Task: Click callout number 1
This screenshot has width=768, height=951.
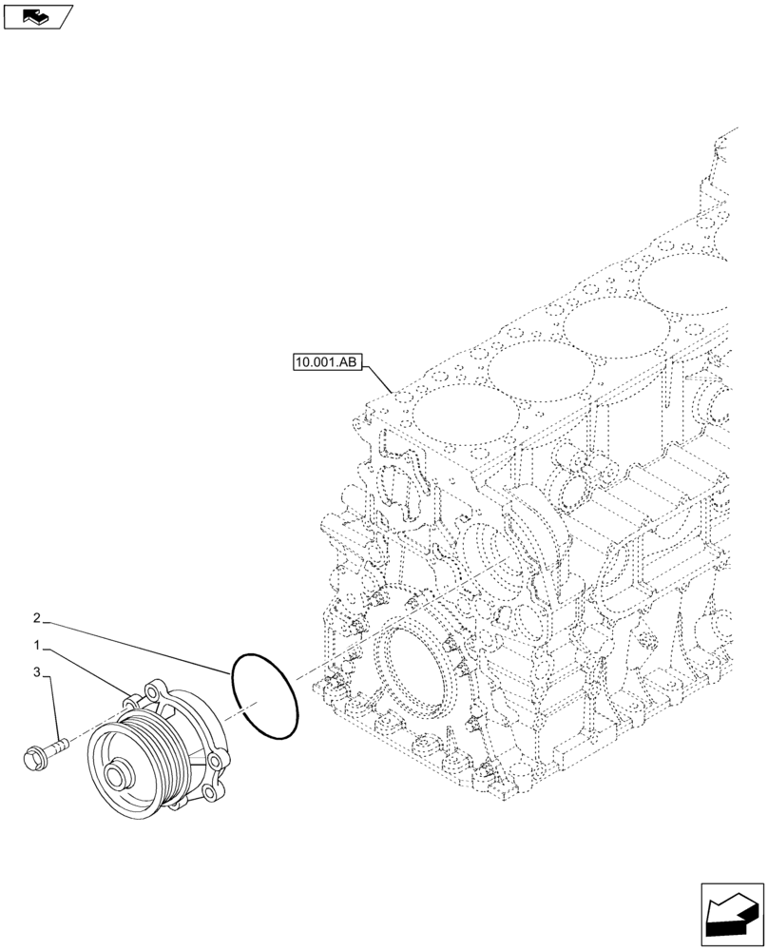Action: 36,645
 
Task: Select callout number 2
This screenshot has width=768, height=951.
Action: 36,618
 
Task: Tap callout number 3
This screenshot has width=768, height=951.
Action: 36,672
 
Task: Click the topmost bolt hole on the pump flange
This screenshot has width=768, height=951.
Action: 153,689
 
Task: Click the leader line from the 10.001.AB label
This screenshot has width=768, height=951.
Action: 378,378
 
